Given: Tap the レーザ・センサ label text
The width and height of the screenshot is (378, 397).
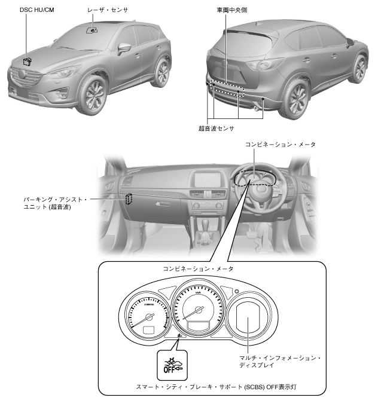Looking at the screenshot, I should [109, 10].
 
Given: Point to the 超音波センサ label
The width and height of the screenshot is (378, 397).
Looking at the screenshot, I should [216, 128].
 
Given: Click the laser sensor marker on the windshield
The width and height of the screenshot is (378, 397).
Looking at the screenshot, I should [92, 29].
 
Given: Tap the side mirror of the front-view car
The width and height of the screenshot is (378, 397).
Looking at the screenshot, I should [124, 48].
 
